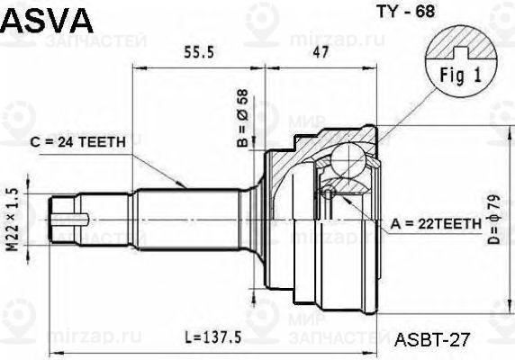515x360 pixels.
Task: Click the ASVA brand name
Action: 47,21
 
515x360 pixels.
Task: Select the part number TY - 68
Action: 406,12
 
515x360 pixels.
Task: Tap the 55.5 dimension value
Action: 199,52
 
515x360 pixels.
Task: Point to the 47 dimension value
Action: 321,52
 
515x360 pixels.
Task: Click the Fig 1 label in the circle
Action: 460,76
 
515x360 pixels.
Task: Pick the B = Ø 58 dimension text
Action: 243,118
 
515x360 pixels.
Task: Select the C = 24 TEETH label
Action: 77,142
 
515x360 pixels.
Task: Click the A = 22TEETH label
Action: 436,224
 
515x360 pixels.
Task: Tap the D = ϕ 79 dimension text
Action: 493,220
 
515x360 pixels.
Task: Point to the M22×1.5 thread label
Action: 12,220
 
